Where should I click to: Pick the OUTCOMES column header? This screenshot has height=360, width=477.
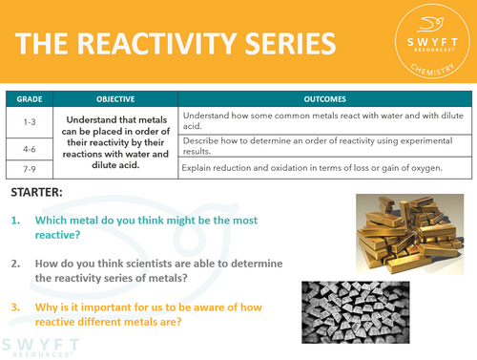(x=326, y=98)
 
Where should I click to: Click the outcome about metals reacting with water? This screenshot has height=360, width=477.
(x=320, y=118)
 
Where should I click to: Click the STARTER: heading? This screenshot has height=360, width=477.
(x=38, y=194)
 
